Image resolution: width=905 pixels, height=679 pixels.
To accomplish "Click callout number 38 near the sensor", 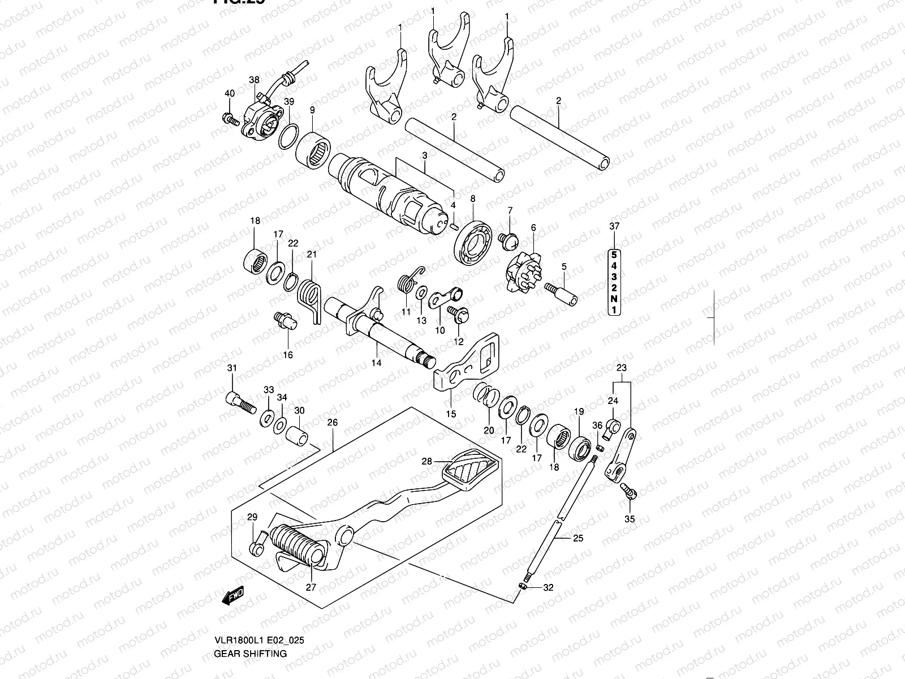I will pos(254,80).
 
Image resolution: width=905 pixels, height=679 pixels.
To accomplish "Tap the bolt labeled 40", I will pos(229,118).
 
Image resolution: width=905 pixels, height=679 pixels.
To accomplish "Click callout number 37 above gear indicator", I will pos(614,226).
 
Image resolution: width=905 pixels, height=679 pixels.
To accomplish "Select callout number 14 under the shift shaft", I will pos(376,363).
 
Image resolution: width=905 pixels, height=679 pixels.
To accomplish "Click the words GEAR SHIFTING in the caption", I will pos(250,654).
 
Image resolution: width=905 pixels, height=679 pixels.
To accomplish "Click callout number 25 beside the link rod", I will pos(578,538).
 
